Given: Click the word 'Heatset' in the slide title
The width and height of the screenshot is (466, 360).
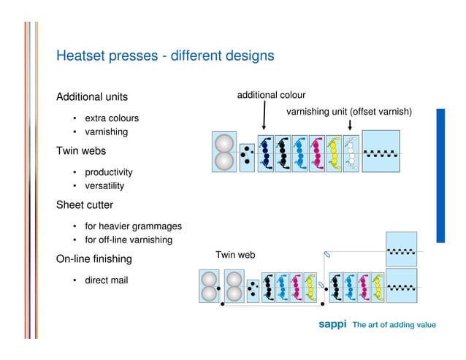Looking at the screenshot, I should point(81,55).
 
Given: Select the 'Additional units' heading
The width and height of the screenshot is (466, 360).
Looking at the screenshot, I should point(92,97).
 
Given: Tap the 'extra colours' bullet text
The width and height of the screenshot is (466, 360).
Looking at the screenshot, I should point(112,118).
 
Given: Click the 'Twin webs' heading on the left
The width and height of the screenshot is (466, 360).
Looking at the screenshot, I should point(81,151).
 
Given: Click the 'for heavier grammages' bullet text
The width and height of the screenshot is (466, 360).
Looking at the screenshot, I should point(133,226).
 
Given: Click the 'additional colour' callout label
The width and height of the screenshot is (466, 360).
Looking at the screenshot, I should point(271,95).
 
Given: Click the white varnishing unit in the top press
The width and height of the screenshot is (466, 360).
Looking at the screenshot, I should point(351,153).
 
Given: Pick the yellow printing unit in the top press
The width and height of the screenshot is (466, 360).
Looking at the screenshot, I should point(334,153).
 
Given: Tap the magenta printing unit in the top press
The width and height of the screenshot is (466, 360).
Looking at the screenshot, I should point(316,153).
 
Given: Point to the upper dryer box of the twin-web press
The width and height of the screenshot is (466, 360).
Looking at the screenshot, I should point(401,249).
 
